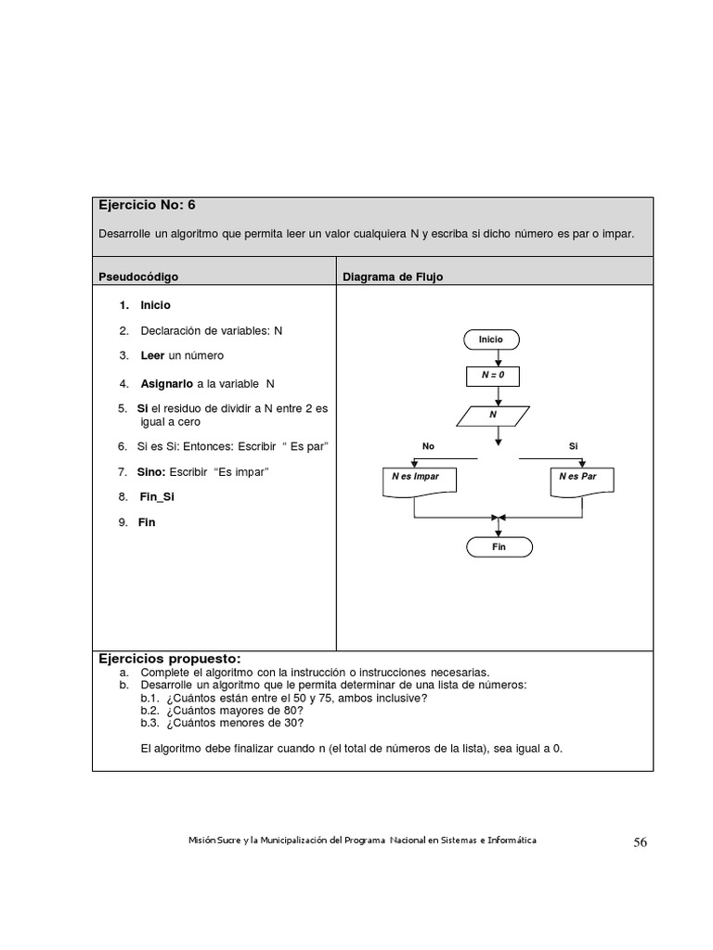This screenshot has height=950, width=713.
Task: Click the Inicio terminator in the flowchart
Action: [491, 340]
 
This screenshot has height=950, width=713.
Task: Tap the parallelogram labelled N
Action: [494, 415]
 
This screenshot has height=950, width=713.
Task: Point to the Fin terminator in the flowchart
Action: [499, 547]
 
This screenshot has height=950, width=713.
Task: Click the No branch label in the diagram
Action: [428, 446]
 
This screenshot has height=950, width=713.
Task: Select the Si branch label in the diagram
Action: [574, 446]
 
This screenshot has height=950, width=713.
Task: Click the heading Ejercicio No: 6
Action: [147, 205]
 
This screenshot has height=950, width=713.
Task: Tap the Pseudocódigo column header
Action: [138, 276]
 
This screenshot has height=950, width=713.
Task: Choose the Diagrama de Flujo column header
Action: [393, 276]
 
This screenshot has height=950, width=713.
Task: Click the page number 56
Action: [641, 842]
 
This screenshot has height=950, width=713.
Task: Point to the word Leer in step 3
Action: [152, 355]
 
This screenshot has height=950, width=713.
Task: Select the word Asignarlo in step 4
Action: [166, 383]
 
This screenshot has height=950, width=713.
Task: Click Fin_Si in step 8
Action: [156, 496]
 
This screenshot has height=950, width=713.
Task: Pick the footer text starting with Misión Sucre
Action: [361, 840]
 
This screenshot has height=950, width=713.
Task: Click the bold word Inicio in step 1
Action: [155, 304]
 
